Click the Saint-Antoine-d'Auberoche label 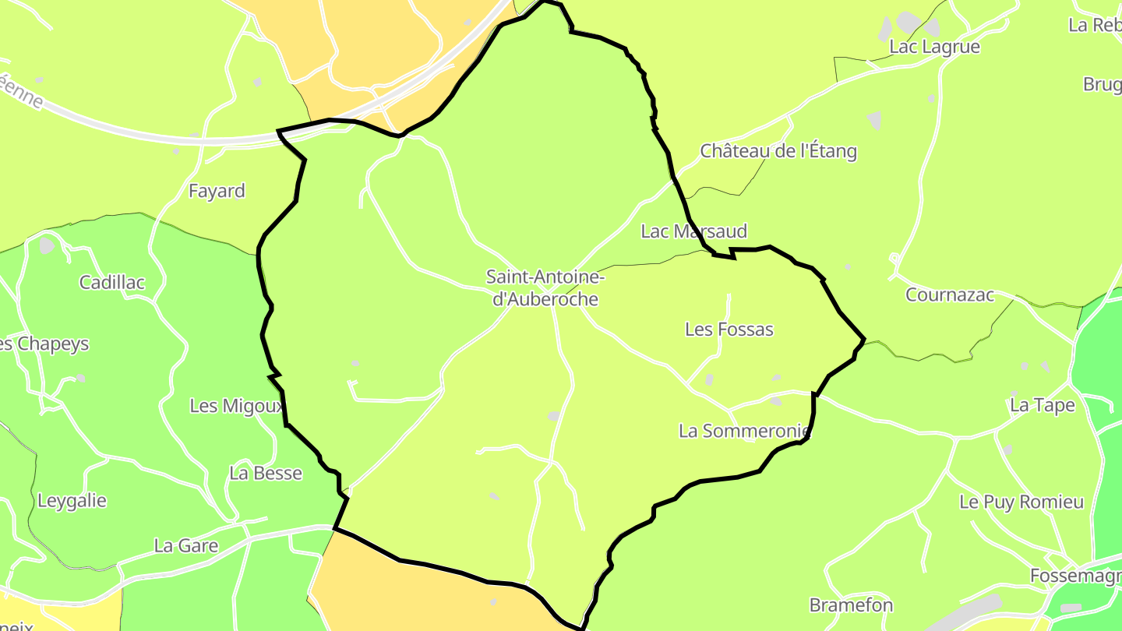coord(545,287)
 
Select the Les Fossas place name coord(729,330)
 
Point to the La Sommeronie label coord(745,431)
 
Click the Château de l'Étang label coord(778,151)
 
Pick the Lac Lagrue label coord(934,47)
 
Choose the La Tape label coord(1042,405)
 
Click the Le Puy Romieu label coord(1021,502)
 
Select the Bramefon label coord(851,605)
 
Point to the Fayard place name coord(217,192)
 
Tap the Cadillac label coord(112,282)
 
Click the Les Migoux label coord(235,406)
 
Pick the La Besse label coord(265,474)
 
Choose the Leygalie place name coord(72,501)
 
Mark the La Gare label coord(186,546)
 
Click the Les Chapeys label coord(44,344)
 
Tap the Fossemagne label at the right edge coord(1076,576)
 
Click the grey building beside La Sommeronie coord(775,401)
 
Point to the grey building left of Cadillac coord(48,246)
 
